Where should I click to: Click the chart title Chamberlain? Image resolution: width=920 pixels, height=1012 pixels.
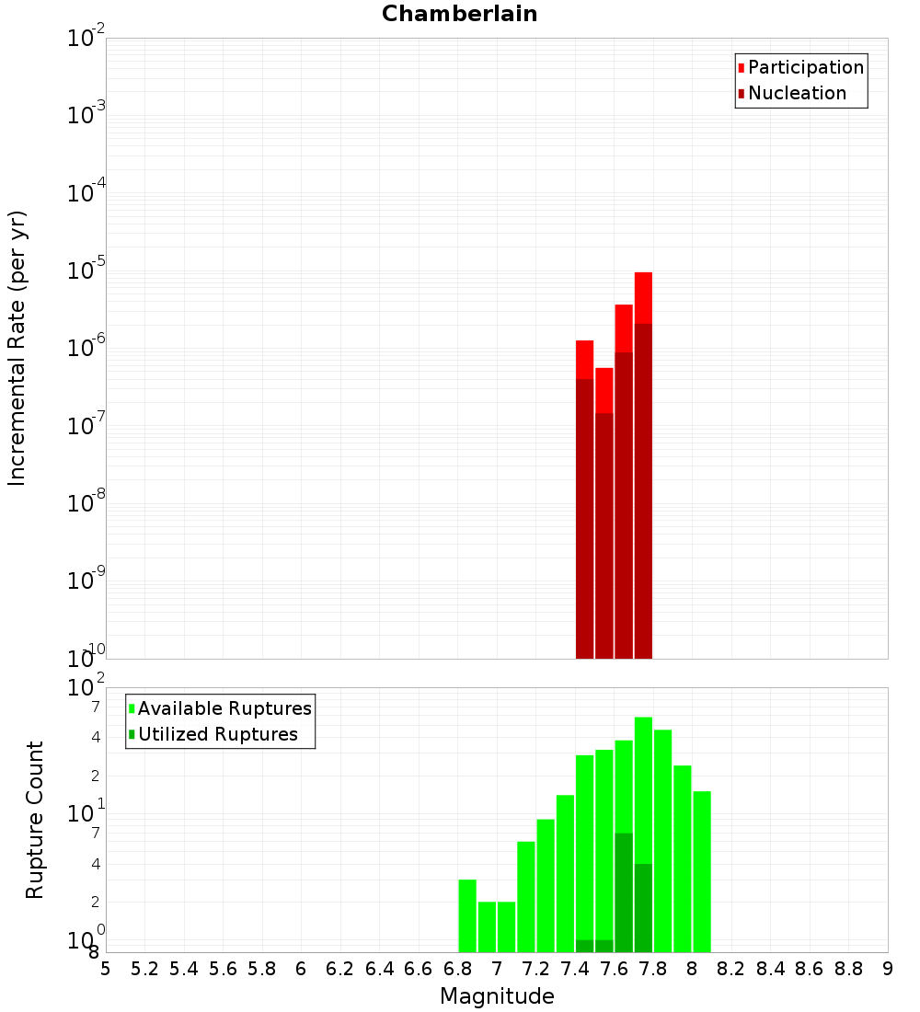pos(459,14)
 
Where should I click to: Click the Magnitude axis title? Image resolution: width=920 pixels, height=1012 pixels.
pos(497,996)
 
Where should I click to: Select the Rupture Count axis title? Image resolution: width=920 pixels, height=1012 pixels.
pos(35,820)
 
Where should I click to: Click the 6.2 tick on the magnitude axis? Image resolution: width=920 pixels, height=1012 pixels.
pos(340,969)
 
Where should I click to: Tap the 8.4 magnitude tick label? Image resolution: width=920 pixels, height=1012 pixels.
pos(771,969)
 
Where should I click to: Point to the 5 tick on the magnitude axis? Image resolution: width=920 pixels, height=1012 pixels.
pos(106,969)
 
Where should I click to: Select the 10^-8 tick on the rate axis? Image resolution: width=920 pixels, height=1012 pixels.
pos(86,503)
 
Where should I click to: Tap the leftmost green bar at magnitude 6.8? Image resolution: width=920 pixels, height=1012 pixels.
pos(467,915)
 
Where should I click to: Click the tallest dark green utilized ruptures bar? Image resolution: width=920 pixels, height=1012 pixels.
pos(624,892)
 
